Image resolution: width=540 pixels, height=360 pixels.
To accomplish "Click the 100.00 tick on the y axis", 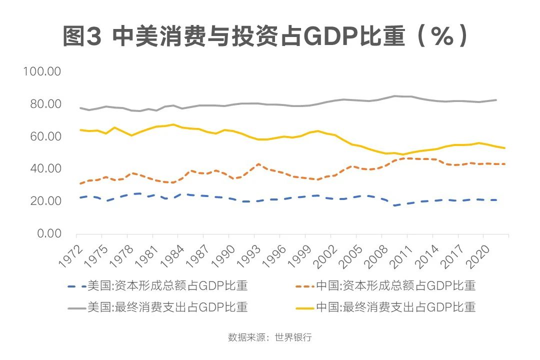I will click(42, 71).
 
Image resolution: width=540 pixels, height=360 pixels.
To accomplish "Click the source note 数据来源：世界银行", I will click(270, 337).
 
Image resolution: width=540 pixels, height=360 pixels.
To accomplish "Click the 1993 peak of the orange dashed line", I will click(258, 164).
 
